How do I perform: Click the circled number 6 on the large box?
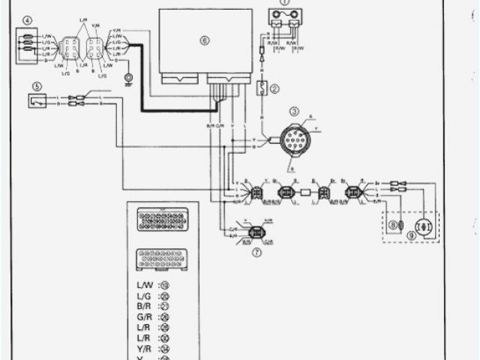coord(203,40)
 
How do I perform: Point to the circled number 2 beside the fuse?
coord(274,88)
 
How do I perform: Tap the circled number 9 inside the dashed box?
coord(410,233)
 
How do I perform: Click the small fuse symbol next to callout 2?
coord(262,88)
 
